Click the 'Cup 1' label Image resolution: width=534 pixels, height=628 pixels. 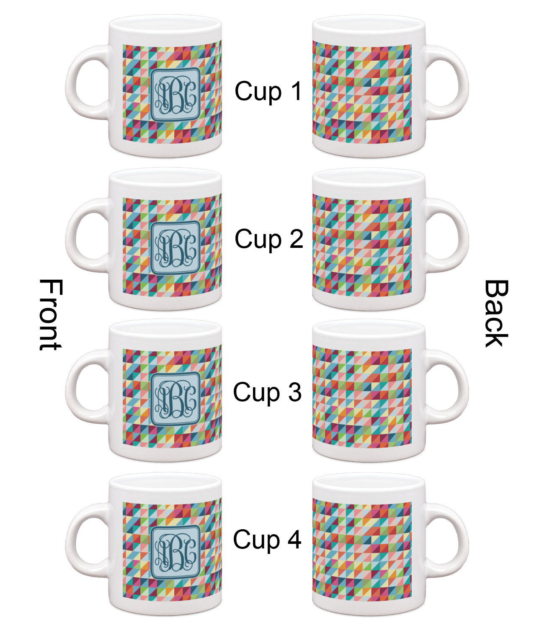(x=268, y=91)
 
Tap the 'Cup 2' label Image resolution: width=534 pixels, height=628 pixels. (x=269, y=239)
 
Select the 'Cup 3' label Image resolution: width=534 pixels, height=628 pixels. (x=268, y=392)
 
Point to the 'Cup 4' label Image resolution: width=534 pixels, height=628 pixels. (x=267, y=540)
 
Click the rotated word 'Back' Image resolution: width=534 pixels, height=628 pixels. (x=496, y=313)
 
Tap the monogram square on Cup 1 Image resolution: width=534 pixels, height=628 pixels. (x=175, y=95)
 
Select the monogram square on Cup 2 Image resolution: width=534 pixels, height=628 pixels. (x=175, y=248)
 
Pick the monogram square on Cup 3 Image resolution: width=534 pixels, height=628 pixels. (x=175, y=399)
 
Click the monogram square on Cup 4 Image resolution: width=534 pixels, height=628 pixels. (x=175, y=552)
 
